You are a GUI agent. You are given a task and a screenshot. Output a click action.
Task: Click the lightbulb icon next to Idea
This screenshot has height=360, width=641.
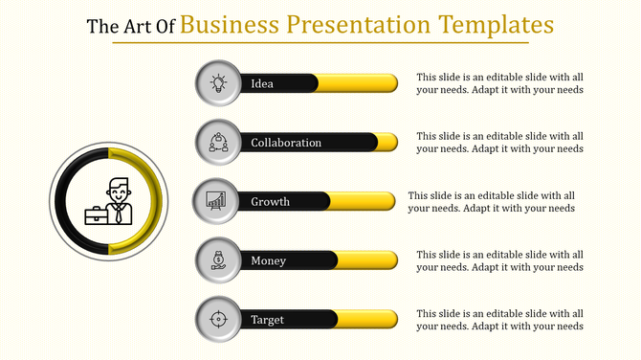218,83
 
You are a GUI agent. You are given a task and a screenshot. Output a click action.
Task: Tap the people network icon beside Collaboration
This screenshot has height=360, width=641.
218,143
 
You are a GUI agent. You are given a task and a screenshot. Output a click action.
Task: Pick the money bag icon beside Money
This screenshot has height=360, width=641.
218,260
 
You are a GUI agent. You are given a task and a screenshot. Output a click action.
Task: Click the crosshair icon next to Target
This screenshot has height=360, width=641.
218,319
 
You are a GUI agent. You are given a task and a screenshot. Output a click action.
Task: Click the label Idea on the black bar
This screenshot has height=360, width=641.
262,83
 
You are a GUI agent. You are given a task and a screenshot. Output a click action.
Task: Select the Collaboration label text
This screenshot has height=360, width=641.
286,143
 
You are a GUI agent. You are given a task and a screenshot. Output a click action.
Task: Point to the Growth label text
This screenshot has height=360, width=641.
270,202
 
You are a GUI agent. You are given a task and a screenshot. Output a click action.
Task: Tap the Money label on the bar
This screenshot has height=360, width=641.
268,260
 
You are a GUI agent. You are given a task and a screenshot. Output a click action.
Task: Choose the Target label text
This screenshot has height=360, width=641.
268,319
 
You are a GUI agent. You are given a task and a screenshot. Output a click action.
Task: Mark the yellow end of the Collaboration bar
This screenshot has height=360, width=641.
387,143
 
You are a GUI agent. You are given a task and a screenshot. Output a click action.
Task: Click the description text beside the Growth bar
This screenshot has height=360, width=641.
491,201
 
